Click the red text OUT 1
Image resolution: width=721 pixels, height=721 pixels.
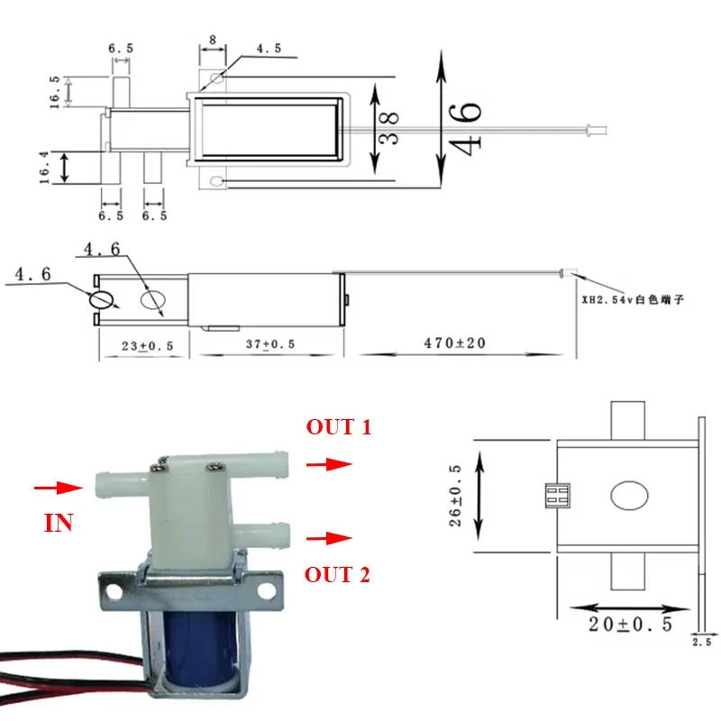(338, 427)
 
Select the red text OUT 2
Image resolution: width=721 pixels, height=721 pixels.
(338, 574)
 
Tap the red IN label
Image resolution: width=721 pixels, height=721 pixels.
(59, 523)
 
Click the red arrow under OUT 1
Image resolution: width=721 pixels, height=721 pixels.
(328, 464)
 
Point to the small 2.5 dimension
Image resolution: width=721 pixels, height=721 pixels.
(700, 642)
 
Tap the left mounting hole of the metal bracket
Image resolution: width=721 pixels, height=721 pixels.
(114, 592)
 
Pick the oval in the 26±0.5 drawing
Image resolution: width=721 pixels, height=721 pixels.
(628, 497)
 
